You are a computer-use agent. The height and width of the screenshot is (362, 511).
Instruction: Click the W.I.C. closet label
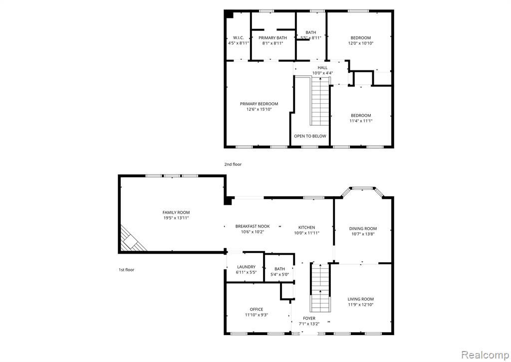239,38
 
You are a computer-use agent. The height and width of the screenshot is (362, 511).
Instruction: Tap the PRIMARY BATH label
273,38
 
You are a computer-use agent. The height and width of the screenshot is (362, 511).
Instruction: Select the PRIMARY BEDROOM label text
259,104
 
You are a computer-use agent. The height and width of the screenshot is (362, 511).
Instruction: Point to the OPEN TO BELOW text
310,136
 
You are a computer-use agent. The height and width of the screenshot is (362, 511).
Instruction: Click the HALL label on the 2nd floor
323,68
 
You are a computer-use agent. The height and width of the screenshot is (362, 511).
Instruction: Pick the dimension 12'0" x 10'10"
361,43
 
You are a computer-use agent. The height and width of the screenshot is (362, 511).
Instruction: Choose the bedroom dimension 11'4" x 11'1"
361,121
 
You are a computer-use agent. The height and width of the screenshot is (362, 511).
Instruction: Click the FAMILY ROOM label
176,213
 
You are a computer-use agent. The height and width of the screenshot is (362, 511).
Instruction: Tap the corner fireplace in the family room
132,240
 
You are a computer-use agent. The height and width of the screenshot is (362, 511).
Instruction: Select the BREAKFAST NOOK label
253,226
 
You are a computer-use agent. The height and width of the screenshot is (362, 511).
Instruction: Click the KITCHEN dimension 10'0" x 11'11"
307,233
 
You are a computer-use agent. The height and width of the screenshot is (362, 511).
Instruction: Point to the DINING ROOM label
363,229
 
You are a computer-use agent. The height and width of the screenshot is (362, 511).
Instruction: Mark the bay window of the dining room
362,190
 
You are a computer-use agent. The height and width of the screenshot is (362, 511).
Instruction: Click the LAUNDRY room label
247,267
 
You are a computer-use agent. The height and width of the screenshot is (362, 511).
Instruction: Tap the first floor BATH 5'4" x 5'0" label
279,272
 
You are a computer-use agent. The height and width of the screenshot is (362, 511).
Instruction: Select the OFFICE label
256,310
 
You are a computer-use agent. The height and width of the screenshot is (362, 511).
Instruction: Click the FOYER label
309,319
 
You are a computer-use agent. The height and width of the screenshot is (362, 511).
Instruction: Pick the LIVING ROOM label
360,300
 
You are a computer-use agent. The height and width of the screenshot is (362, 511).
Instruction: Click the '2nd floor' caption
233,164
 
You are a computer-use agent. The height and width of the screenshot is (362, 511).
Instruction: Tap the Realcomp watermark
485,355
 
